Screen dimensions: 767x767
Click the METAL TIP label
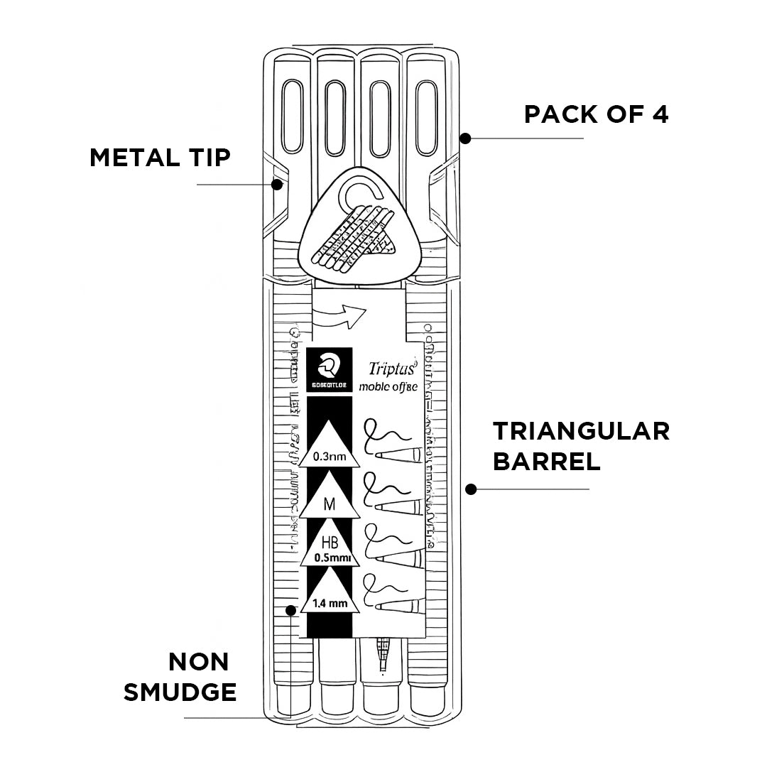point(160,157)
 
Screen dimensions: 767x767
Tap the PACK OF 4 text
point(596,114)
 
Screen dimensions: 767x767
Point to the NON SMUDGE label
point(180,676)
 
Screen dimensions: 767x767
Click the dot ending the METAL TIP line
point(278,185)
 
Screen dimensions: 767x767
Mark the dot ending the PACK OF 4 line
point(465,138)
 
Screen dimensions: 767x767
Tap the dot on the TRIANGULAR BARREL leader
point(470,489)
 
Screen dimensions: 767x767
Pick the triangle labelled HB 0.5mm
point(330,550)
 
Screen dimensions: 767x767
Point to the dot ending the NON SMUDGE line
point(290,610)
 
